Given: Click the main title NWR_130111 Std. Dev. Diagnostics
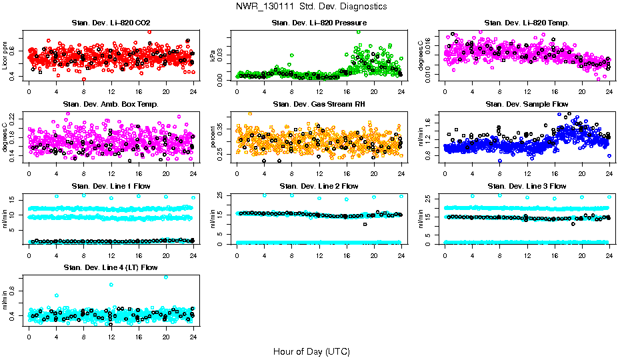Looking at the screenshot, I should pyautogui.click(x=311, y=7).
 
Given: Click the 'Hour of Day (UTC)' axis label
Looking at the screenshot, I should pyautogui.click(x=311, y=351).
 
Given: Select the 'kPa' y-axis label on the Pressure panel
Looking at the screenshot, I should pyautogui.click(x=213, y=56).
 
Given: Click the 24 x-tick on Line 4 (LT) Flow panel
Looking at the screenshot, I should pyautogui.click(x=193, y=337).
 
